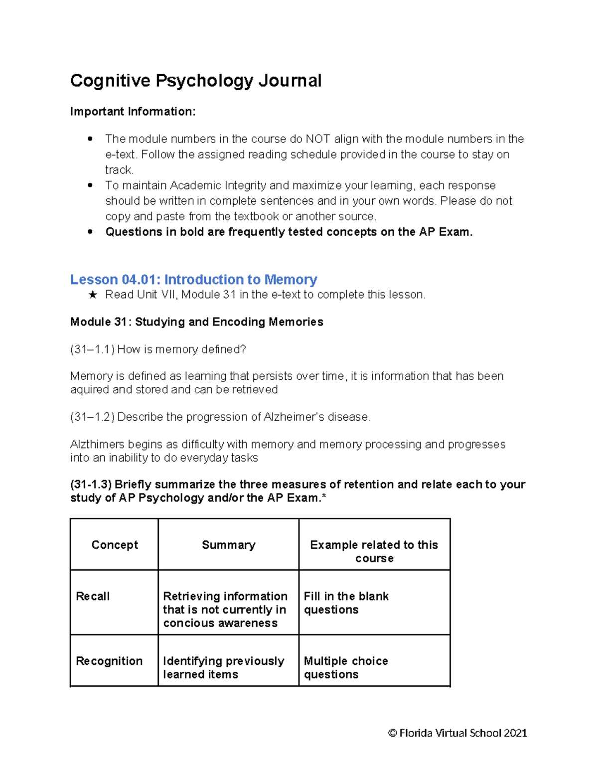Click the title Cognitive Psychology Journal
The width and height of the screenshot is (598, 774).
[196, 81]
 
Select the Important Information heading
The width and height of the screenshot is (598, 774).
[133, 112]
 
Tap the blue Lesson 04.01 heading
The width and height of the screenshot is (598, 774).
[193, 279]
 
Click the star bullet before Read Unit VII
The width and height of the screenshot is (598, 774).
[92, 295]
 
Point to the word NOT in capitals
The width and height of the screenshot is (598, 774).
[317, 139]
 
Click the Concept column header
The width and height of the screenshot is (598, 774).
[115, 545]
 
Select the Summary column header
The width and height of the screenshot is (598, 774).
[228, 545]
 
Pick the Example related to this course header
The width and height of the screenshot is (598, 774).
[374, 551]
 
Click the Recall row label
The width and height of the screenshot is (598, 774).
[93, 596]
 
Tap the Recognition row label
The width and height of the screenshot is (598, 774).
[109, 661]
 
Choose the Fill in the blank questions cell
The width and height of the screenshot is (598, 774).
[346, 603]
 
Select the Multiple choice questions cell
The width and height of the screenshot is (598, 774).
[346, 667]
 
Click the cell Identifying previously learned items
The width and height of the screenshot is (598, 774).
[223, 667]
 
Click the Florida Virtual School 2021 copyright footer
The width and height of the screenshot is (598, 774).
[457, 733]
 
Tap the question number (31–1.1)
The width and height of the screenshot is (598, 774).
[93, 349]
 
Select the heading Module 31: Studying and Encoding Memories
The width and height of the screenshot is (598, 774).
[196, 322]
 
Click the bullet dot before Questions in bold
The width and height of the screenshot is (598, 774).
[90, 232]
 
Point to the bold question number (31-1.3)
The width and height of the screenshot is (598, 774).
[91, 484]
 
